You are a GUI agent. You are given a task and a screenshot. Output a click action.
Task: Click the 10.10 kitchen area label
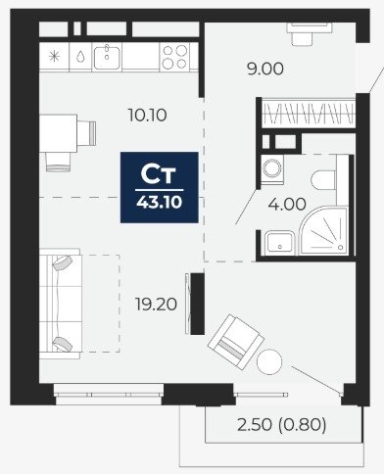pos(148,115)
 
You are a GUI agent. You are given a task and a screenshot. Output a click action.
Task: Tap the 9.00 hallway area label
pos(265,70)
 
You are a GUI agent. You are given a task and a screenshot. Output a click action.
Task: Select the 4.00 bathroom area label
pos(287,205)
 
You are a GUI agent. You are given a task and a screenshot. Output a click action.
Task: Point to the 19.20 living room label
pos(156,305)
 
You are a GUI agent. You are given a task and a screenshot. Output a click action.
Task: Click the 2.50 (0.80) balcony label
pos(282,425)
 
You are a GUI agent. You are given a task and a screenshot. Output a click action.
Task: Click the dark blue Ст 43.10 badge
pos(160,187)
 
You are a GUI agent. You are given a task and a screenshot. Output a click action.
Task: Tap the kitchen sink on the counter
pos(107,58)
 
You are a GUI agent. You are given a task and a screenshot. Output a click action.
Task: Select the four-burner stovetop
pos(175,57)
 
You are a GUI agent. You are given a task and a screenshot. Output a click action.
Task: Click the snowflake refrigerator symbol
pos(54,57)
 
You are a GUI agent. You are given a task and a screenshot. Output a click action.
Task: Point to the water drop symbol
pos(80,57)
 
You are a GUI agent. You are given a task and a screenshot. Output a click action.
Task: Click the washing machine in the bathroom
pos(272,169)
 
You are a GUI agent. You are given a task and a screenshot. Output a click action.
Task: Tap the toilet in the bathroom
pos(323,179)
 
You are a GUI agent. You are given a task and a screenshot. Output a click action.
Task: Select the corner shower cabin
pos(324,231)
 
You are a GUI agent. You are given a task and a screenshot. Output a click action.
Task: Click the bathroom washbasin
pos(280,243)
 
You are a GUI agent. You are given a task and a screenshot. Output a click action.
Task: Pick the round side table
pos(269,361)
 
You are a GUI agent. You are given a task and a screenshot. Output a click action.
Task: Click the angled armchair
pos(236,342)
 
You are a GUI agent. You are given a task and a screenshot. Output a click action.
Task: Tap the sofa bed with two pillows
pos(61,304)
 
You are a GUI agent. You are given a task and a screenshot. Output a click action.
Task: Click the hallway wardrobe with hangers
pos(309,114)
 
